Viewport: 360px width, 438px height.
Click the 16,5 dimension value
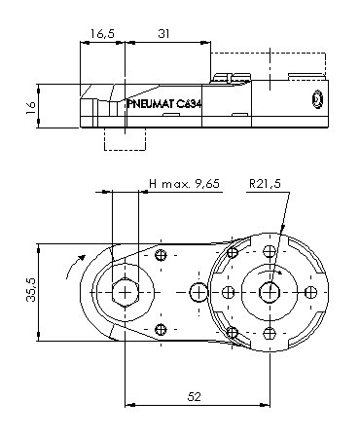102,33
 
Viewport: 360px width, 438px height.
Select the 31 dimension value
163,33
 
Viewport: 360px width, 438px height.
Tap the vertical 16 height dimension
31,107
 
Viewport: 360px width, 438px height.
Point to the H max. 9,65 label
185,184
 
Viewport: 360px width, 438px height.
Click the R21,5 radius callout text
265,184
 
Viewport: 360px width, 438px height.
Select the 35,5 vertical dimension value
31,290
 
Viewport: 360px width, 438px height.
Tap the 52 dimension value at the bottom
195,396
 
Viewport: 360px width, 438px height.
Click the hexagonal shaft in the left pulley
126,292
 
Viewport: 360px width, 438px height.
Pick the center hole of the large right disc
270,292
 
